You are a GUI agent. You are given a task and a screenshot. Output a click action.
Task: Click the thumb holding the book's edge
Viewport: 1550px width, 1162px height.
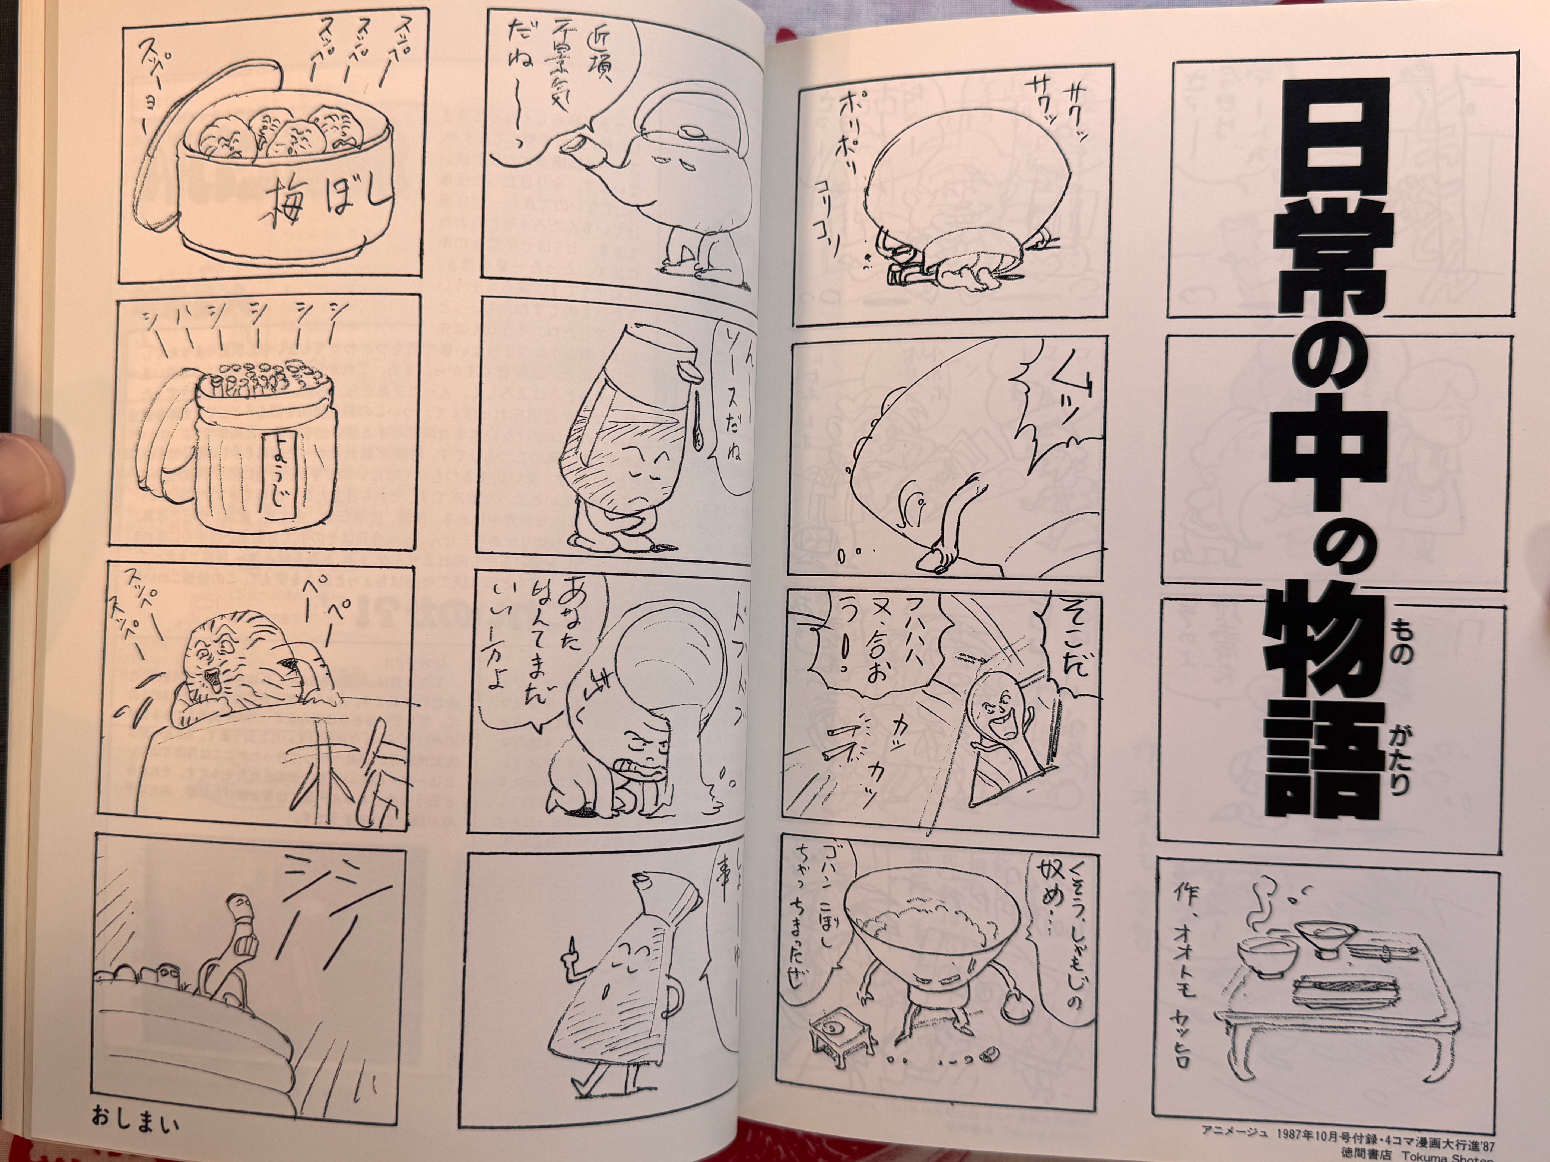(28, 476)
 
